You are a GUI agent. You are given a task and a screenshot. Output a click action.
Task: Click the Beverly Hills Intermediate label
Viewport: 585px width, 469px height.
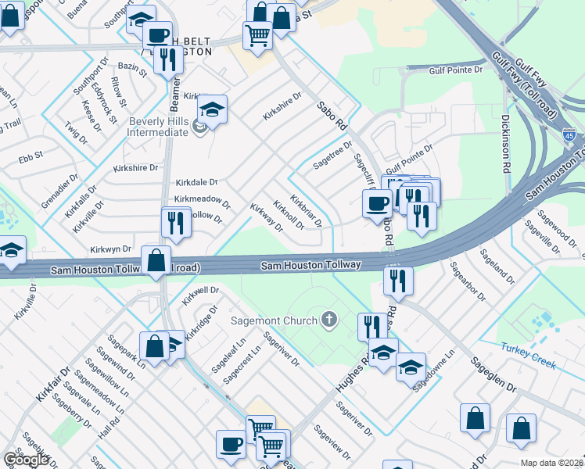click(159, 127)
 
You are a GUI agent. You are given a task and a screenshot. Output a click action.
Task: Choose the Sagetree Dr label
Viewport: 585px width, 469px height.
click(333, 150)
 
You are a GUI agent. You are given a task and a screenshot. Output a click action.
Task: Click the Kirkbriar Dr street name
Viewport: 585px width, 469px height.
click(306, 209)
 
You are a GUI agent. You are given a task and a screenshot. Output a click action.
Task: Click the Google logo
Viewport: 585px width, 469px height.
click(26, 460)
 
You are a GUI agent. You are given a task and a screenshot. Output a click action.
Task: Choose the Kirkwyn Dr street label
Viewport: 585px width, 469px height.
click(110, 248)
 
